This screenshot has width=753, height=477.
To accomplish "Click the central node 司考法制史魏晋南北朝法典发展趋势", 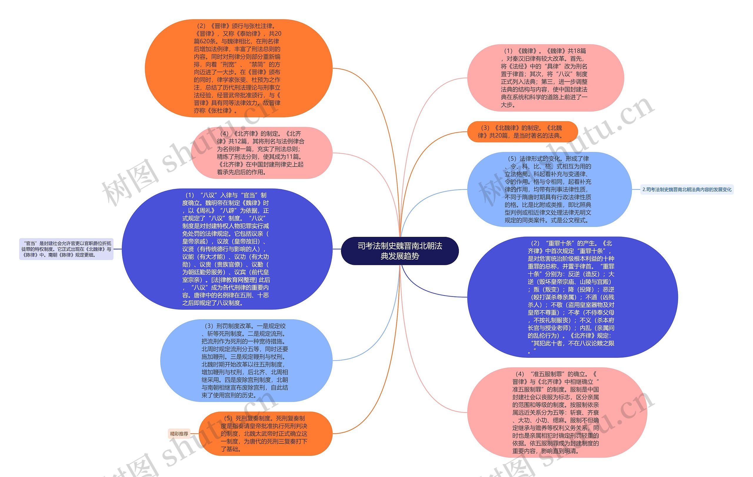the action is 400,251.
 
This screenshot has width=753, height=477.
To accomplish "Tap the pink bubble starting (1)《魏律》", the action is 545,78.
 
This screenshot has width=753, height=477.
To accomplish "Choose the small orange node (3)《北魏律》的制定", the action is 522,132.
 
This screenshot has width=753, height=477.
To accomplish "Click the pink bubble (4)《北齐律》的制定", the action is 261,153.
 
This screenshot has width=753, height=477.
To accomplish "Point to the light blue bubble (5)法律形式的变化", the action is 549,189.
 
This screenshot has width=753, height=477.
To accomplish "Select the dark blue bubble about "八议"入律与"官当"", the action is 227,249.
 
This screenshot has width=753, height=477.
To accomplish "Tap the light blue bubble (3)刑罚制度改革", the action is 246,360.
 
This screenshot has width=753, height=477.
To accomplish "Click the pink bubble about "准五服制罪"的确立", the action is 557,412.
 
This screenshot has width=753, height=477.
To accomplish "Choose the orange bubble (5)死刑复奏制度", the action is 265,433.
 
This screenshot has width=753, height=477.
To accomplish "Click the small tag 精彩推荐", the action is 179,434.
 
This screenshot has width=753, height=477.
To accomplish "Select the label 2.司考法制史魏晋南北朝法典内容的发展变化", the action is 687,190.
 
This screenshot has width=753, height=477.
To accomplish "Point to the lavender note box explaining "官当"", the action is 66,249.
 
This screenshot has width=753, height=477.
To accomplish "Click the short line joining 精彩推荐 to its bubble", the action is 194,434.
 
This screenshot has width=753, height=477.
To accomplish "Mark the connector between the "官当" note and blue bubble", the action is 118,249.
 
